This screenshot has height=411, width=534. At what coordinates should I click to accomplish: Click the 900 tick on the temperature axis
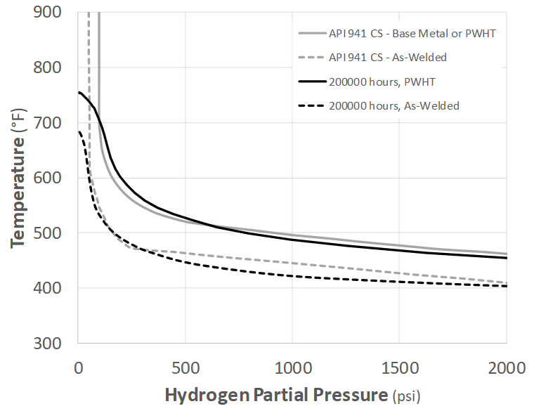click(x=48, y=13)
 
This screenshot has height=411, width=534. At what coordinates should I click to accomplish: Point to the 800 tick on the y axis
click(x=48, y=67)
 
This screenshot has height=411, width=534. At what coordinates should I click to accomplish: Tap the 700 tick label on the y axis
click(x=48, y=123)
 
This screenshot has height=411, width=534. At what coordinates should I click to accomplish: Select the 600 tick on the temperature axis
click(x=48, y=178)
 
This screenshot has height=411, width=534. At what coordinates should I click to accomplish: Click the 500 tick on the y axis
click(x=48, y=233)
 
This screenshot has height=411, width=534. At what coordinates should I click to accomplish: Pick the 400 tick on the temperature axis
click(x=48, y=288)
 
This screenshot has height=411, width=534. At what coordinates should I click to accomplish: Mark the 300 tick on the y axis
click(x=48, y=343)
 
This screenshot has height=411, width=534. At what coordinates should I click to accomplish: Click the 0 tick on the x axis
click(x=79, y=366)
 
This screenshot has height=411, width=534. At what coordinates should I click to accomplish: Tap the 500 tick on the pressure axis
click(x=185, y=366)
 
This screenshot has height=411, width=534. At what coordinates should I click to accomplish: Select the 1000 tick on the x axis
click(x=292, y=366)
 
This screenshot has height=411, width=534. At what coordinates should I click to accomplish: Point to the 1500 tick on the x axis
click(x=398, y=366)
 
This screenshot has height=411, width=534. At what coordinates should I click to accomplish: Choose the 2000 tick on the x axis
click(x=505, y=366)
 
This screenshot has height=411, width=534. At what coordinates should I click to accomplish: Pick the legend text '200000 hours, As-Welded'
click(x=393, y=105)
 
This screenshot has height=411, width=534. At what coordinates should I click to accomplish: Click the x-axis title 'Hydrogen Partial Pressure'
click(x=275, y=395)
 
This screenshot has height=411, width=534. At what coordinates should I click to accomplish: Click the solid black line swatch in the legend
click(x=311, y=81)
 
